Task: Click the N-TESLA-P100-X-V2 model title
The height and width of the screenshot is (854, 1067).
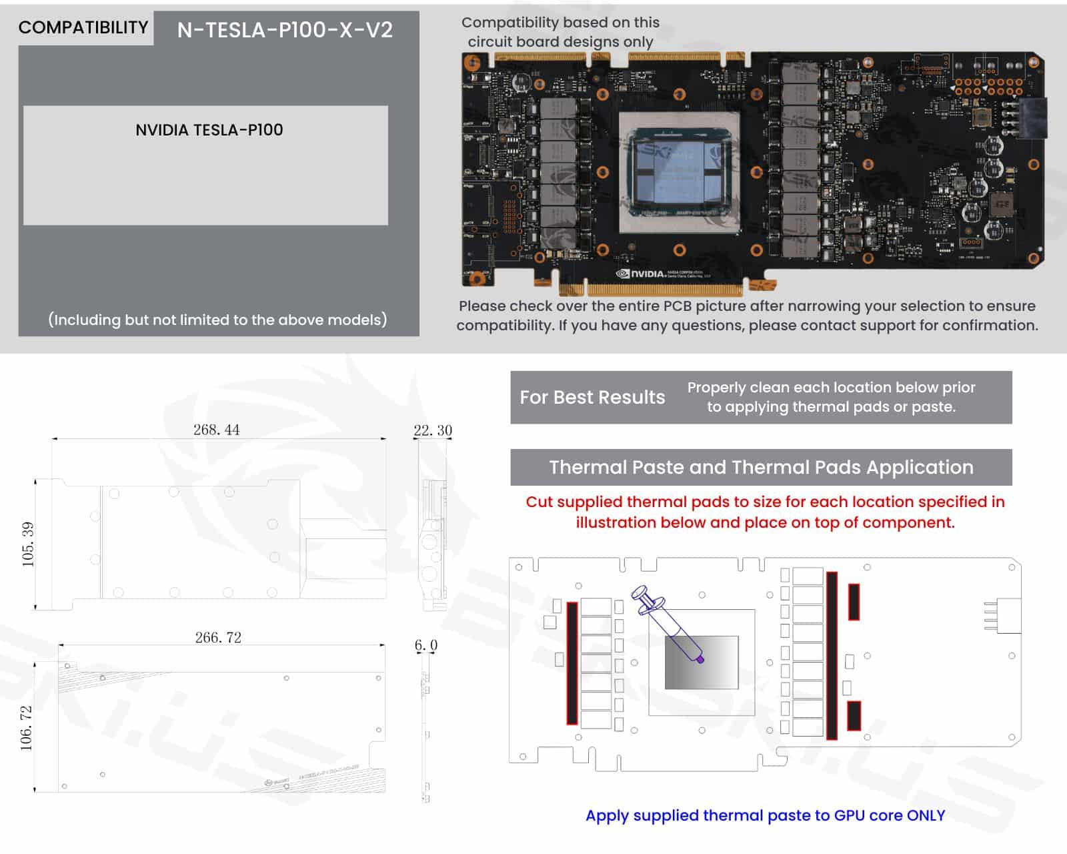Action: pos(285,29)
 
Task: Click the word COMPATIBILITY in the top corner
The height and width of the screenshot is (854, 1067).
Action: pos(83,27)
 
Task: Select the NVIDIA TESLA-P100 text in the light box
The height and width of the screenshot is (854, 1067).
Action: pos(209,129)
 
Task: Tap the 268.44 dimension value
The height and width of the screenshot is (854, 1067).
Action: pos(216,430)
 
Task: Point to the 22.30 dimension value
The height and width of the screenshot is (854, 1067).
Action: pos(433,430)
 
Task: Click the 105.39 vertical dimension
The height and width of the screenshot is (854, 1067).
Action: pos(27,544)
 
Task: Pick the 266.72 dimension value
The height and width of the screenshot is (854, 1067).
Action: pos(218,637)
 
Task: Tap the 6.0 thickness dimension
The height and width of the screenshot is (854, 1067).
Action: pos(426,645)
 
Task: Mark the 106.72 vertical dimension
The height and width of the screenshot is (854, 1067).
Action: pos(26,728)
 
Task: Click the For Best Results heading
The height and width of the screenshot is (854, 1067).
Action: pos(592,398)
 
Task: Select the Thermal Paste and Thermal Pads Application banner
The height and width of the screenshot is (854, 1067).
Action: pos(761,467)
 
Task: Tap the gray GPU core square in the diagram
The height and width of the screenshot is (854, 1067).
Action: pos(702,662)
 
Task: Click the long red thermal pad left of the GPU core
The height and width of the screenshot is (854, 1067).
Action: pos(572,663)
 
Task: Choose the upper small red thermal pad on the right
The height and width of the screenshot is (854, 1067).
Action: pos(853,602)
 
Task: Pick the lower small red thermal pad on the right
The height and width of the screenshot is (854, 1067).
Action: pos(853,715)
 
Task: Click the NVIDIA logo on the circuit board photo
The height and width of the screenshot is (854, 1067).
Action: pos(640,274)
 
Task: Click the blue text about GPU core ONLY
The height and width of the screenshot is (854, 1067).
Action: pos(765,815)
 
